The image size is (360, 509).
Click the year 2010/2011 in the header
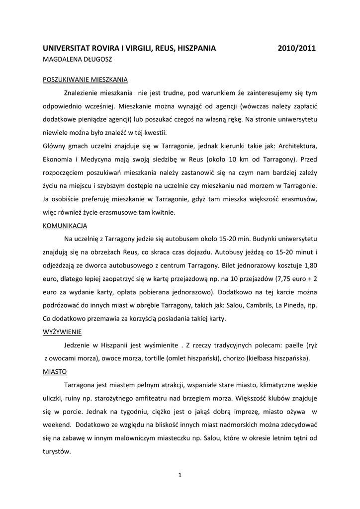(297, 48)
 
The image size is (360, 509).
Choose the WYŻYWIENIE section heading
(63, 331)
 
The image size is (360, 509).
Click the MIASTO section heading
(55, 371)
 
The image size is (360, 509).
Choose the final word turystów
(57, 452)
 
